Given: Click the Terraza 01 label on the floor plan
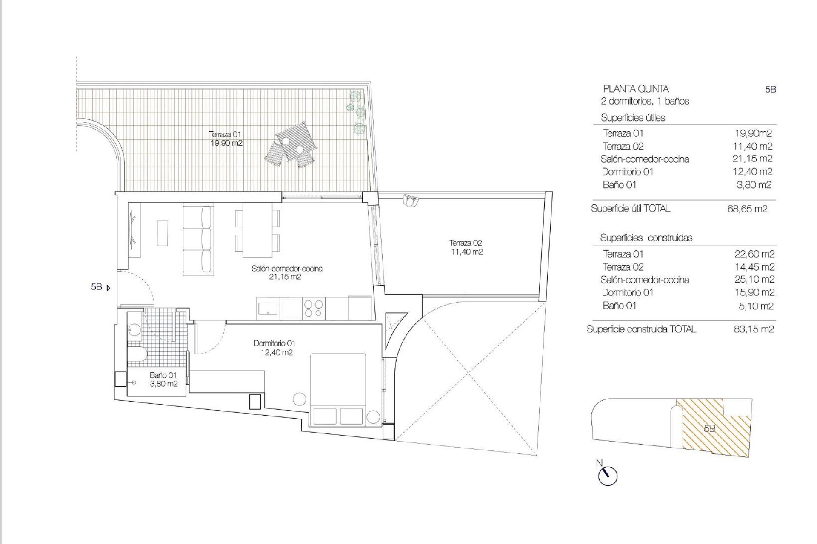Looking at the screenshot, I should [226, 139].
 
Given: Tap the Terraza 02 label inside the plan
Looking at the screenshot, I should [466, 247].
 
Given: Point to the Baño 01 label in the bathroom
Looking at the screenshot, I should [163, 380].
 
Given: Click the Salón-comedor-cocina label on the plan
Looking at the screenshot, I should [286, 272].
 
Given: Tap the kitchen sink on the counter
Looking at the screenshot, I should [268, 308].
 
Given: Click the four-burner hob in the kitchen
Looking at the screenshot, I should [314, 309].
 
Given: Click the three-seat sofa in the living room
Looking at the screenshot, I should [197, 241].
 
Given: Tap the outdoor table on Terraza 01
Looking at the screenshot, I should [296, 141].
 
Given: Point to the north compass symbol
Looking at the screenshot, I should [607, 475].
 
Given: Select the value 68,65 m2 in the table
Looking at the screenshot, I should [747, 209].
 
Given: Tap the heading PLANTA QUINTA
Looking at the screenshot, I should [635, 89].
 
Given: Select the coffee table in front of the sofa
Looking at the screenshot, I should [163, 232].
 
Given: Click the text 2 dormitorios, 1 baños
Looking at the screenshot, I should [644, 101].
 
